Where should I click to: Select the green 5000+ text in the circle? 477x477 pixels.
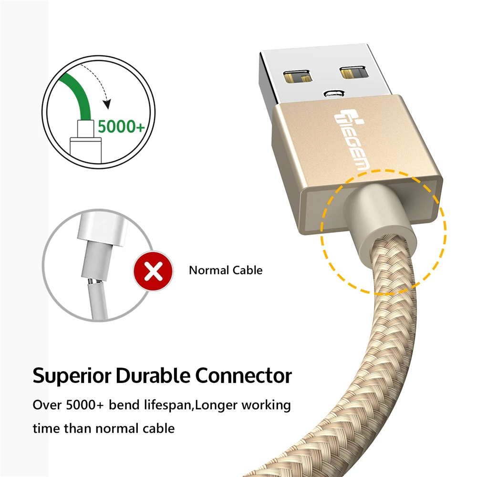(121, 127)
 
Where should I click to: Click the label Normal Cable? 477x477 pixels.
(226, 270)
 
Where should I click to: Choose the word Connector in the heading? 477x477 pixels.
(244, 375)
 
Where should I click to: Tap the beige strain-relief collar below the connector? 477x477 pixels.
(377, 210)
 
